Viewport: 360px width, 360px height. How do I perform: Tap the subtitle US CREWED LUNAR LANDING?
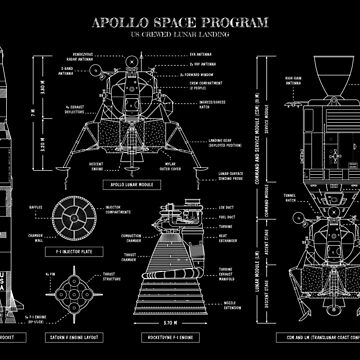pos(180,32)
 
